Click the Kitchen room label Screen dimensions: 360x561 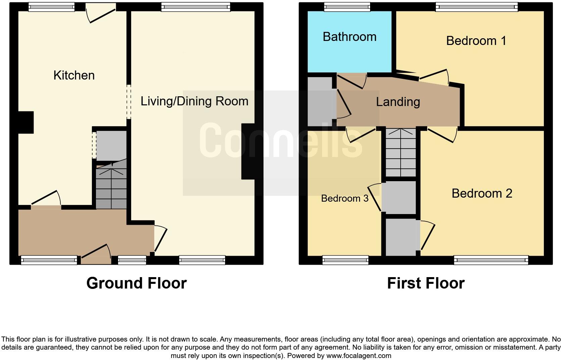tap(74, 75)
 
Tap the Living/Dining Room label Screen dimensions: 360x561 tap(194, 101)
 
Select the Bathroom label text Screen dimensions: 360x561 tap(349, 37)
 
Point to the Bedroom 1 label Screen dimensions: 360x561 tap(476, 41)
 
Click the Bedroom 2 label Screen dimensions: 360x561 tap(482, 193)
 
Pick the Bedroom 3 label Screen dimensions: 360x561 tap(345, 198)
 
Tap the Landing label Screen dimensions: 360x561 tap(398, 102)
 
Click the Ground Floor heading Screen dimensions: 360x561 tap(136, 283)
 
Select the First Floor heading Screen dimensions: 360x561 tap(425, 283)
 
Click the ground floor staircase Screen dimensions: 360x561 tap(111, 188)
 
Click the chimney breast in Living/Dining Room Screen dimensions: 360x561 tap(248, 151)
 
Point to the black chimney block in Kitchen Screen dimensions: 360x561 tap(26, 122)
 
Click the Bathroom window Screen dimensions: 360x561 tap(347, 7)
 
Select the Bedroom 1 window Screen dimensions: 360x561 tap(476, 7)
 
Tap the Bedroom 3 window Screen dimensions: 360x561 tap(345, 260)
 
